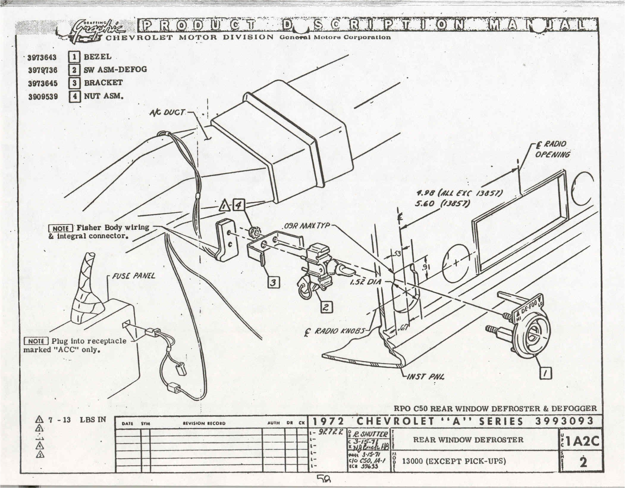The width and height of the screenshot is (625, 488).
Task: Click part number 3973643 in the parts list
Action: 42,57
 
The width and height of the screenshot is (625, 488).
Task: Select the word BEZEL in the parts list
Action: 98,56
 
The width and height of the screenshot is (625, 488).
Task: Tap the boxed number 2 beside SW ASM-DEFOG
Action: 74,70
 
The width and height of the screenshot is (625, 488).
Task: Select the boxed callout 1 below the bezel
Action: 546,373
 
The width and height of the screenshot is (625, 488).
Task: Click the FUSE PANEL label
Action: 134,276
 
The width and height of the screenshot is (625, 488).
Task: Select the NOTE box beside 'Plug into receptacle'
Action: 36,341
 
